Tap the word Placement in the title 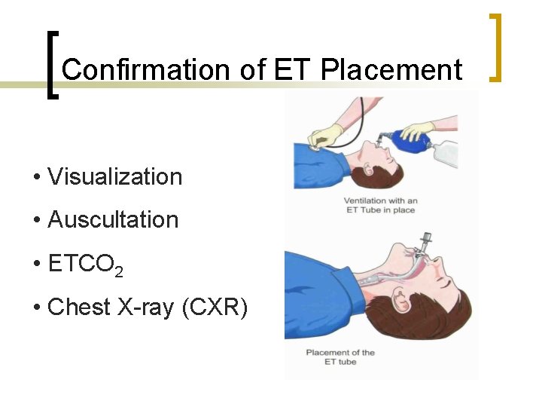[x=391, y=70]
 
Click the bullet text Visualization [x=114, y=177]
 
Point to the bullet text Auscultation [x=113, y=220]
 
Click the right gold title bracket [x=495, y=47]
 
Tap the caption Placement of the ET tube [x=340, y=357]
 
